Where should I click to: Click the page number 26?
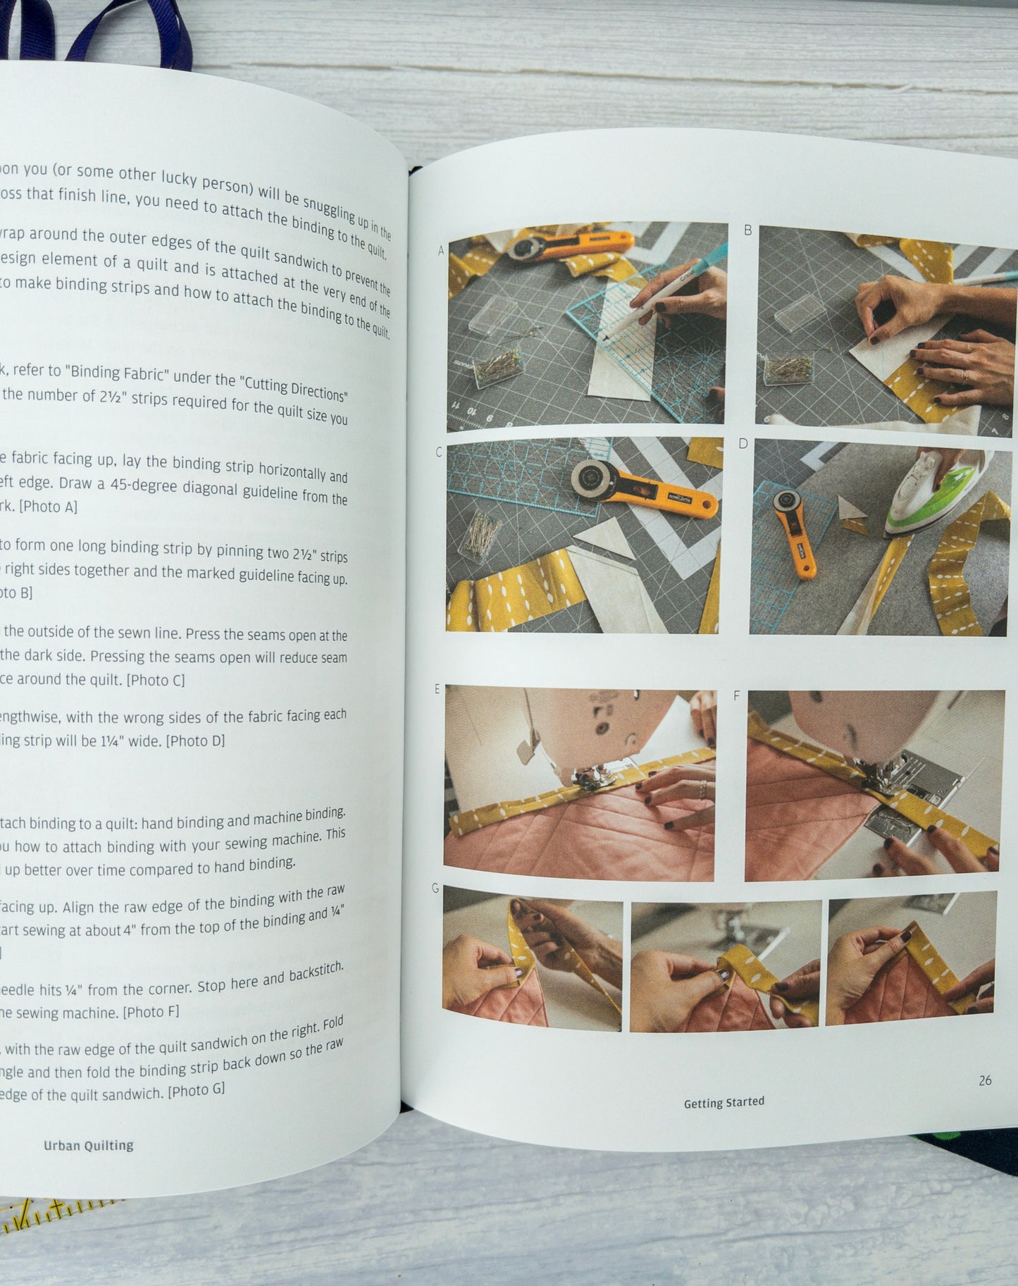coord(985,1080)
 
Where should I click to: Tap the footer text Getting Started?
coord(724,1102)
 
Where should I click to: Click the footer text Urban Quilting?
coord(88,1145)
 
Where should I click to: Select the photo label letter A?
coord(441,250)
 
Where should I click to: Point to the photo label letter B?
coord(747,230)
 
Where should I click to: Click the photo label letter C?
coord(439,452)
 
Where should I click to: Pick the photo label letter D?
coord(743,443)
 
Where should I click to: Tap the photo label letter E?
coord(437,688)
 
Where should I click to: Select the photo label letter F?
coord(737,696)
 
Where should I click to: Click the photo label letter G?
coord(435,889)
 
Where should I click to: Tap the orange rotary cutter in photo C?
coord(641,488)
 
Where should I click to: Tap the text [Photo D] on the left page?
coord(195,741)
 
